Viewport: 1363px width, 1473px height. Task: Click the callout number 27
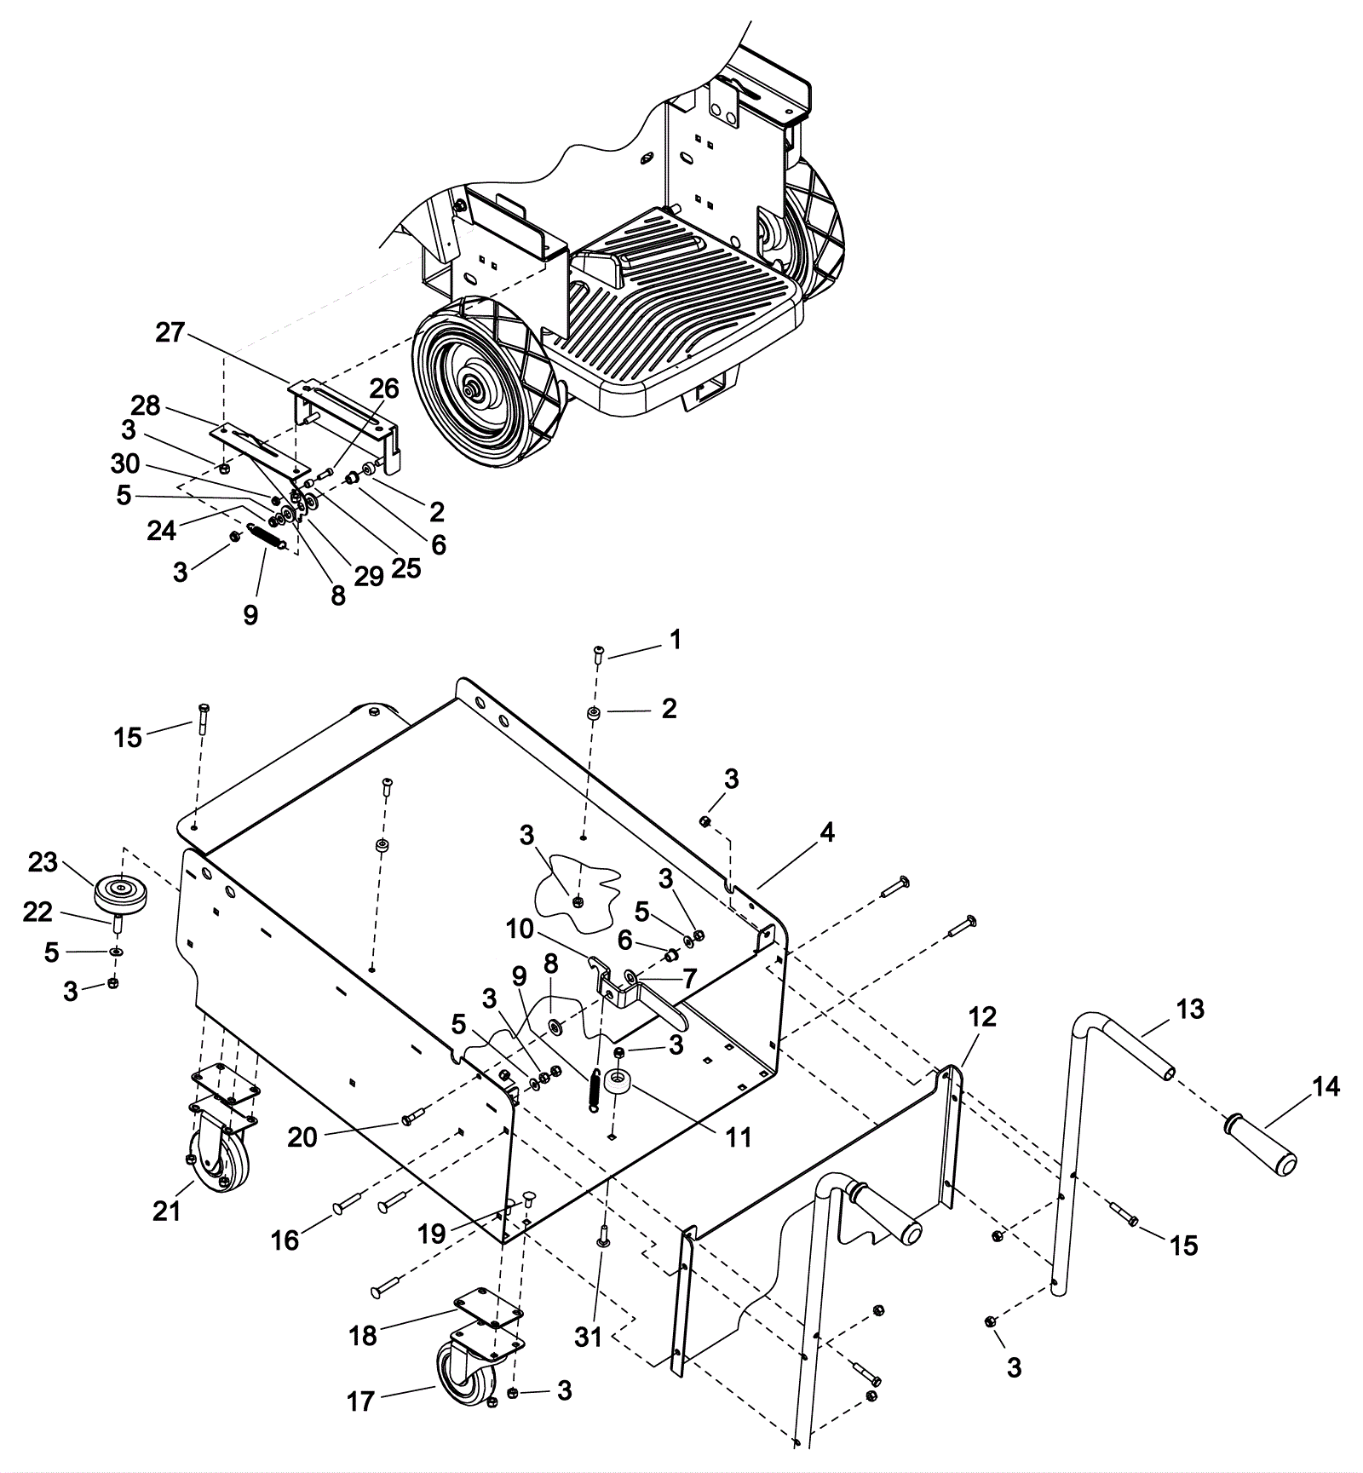tap(170, 332)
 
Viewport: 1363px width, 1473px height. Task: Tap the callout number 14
tap(1326, 1087)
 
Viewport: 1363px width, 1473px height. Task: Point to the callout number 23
tap(42, 862)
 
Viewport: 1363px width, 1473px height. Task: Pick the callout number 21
tap(167, 1210)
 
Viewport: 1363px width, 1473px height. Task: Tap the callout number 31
tap(588, 1338)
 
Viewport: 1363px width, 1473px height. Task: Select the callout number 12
tap(982, 1017)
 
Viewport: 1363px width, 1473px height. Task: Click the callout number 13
tap(1190, 1009)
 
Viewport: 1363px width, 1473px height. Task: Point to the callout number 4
tap(825, 832)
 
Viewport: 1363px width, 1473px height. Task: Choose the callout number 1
tap(676, 640)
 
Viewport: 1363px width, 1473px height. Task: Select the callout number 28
tap(146, 406)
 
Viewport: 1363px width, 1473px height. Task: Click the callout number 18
tap(363, 1335)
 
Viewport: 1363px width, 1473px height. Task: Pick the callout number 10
tap(520, 929)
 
